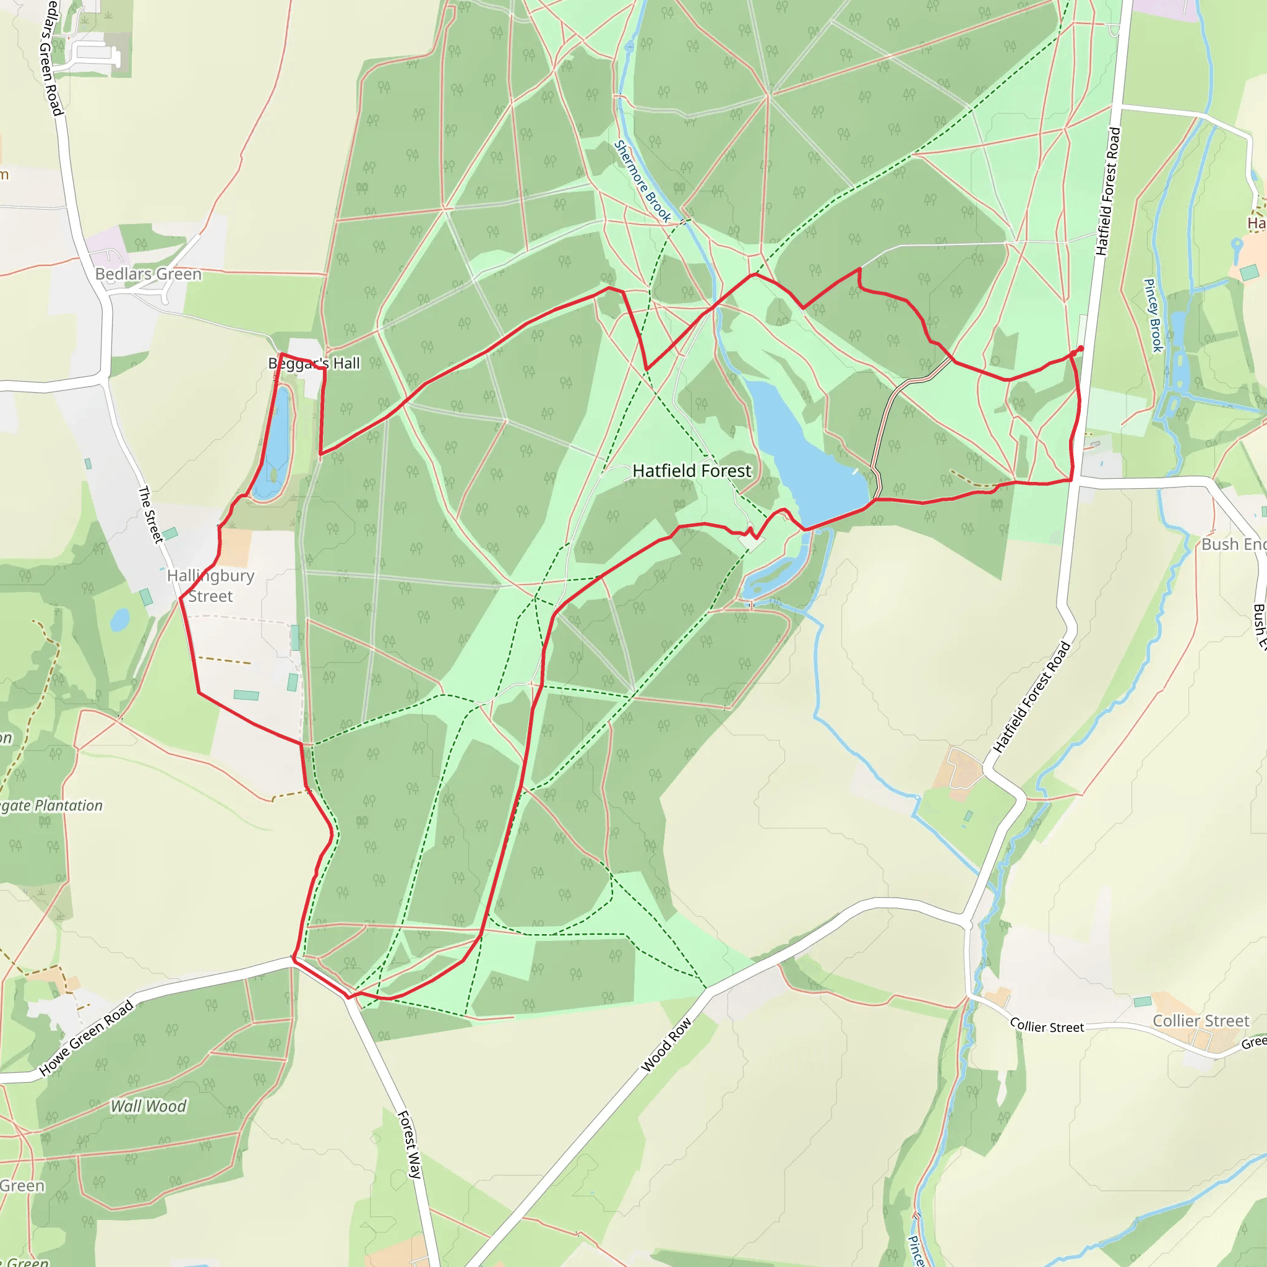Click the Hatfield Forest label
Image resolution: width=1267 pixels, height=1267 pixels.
692,471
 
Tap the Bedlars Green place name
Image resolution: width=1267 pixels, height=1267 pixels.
148,274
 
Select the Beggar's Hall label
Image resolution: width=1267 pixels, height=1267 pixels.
314,363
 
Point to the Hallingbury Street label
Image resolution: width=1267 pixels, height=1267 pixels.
210,586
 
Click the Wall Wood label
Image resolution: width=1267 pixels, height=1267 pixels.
148,1106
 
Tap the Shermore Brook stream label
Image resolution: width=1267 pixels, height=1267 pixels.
642,181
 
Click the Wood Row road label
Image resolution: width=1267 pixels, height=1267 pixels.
666,1045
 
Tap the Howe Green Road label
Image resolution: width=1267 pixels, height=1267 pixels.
87,1038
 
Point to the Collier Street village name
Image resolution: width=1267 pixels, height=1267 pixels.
1201,1021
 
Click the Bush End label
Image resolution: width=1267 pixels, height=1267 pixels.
1233,544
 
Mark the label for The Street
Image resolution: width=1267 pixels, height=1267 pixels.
150,515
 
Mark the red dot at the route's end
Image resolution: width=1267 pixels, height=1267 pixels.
1081,348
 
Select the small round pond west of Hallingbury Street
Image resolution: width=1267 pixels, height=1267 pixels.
119,620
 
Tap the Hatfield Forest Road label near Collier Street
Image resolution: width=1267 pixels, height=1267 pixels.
1031,697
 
